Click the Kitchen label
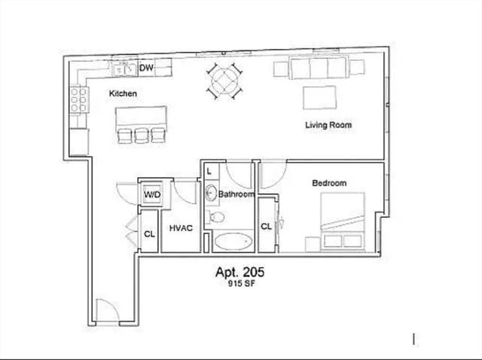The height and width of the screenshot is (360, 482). (x=123, y=94)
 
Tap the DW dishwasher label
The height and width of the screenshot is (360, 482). (x=146, y=69)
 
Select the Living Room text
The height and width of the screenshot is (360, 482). (x=328, y=125)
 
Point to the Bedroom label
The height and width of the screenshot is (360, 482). (x=329, y=183)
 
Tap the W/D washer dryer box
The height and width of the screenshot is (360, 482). (x=153, y=195)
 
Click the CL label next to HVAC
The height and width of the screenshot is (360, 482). (x=150, y=234)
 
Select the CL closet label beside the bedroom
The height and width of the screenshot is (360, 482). (x=266, y=226)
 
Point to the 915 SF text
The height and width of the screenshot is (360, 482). (x=239, y=284)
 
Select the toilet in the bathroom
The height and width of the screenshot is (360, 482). (x=218, y=217)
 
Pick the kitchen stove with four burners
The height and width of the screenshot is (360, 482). (x=78, y=99)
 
